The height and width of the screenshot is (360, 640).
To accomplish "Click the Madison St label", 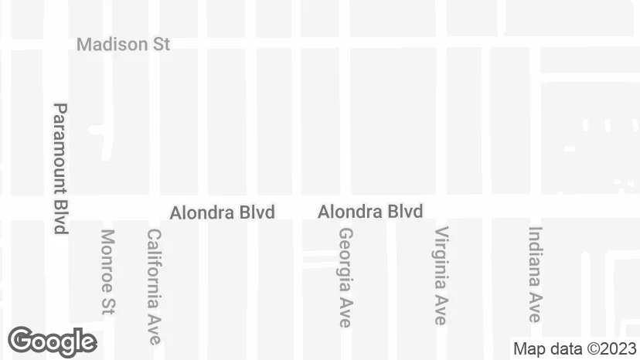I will pyautogui.click(x=123, y=44).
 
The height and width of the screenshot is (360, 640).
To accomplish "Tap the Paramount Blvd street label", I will pyautogui.click(x=60, y=168).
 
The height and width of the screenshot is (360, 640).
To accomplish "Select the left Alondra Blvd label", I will pyautogui.click(x=222, y=212).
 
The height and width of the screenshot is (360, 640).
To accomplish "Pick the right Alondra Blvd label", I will pyautogui.click(x=370, y=211).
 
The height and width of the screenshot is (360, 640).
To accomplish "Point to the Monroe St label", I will pyautogui.click(x=107, y=271).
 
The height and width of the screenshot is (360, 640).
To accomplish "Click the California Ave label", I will pyautogui.click(x=154, y=286).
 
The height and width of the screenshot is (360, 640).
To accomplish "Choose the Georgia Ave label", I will pyautogui.click(x=346, y=277).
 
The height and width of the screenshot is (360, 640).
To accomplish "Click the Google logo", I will pyautogui.click(x=52, y=341).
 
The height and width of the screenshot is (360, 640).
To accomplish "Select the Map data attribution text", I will pyautogui.click(x=575, y=348).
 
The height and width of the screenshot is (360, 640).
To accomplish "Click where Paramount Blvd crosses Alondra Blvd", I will pyautogui.click(x=56, y=207).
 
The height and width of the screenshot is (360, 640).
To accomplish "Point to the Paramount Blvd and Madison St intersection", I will pyautogui.click(x=56, y=43).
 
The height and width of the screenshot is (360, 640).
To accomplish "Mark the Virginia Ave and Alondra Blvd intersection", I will pyautogui.click(x=441, y=207).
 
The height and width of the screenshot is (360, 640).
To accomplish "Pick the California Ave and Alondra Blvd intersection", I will pyautogui.click(x=155, y=207).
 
